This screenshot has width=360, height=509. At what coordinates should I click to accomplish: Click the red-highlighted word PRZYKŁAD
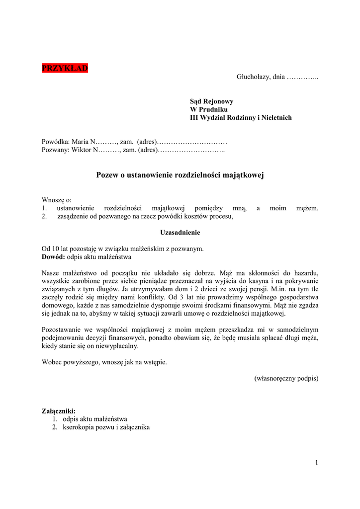pyautogui.click(x=65, y=68)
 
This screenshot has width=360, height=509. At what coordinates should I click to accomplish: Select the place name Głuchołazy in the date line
pyautogui.click(x=253, y=77)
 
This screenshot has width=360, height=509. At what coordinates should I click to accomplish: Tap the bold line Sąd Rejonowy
pyautogui.click(x=211, y=101)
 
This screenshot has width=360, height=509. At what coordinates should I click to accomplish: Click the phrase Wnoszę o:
pyautogui.click(x=57, y=200)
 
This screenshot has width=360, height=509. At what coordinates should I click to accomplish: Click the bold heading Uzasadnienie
pyautogui.click(x=180, y=232)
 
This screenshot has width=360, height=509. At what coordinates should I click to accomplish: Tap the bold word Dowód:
pyautogui.click(x=53, y=257)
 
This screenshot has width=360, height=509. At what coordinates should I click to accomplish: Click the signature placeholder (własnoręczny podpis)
pyautogui.click(x=286, y=378)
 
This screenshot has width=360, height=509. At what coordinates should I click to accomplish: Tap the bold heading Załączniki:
pyautogui.click(x=59, y=411)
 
